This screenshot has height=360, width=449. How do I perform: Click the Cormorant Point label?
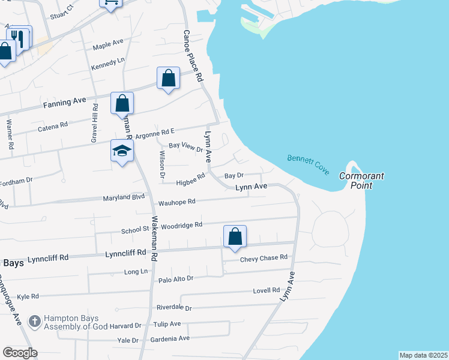click(361, 181)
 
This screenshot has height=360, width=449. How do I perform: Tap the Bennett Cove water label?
click(308, 164)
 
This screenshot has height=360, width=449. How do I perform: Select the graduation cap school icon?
click(121, 151)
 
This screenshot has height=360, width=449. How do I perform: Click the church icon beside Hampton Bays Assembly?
click(35, 321)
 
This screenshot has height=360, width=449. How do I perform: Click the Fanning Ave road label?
click(65, 103)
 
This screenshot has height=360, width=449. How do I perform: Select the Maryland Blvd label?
click(124, 196)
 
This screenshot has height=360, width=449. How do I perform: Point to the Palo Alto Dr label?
click(175, 279)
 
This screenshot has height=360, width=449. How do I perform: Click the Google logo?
click(20, 353)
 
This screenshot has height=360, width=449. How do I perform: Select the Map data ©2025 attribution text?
click(423, 355)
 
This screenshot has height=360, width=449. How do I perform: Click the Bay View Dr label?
click(186, 146)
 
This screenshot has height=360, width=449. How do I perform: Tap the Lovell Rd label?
click(267, 290)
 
